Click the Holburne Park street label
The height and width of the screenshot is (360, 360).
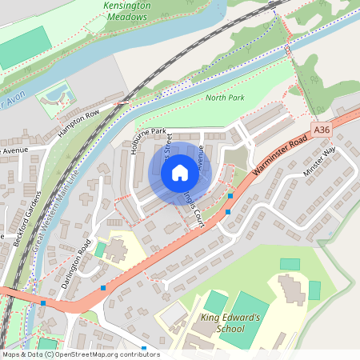pyautogui.click(x=136, y=139)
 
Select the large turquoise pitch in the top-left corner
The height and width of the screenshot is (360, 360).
pyautogui.click(x=22, y=47)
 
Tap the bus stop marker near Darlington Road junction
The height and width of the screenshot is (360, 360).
pyautogui.click(x=102, y=287)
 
